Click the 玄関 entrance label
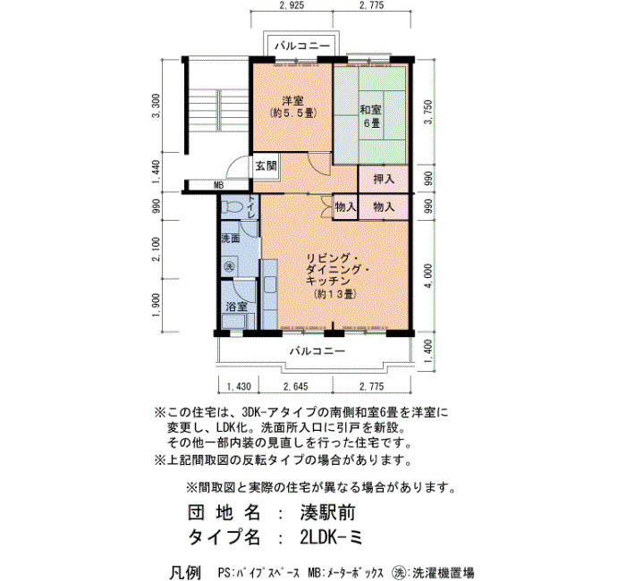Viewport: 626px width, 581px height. click(x=266, y=165)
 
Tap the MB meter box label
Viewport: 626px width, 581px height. click(x=218, y=186)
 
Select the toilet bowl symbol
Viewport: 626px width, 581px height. click(x=233, y=206)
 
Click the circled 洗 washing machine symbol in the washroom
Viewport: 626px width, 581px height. click(x=230, y=266)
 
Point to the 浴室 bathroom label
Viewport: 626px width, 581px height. click(x=236, y=307)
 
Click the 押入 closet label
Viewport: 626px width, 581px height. click(x=384, y=179)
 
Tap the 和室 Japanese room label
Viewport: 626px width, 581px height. click(x=371, y=109)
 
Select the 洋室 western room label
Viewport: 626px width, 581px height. click(x=293, y=100)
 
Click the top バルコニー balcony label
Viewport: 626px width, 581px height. click(x=302, y=46)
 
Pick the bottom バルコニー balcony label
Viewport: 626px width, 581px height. click(x=317, y=351)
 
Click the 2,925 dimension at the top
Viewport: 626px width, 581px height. click(x=292, y=5)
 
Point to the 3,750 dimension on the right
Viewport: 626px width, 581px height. click(x=428, y=112)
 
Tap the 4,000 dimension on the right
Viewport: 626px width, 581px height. click(x=428, y=276)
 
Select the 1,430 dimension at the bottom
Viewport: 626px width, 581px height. click(x=239, y=386)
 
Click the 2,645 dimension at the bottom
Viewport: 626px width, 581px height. click(x=295, y=386)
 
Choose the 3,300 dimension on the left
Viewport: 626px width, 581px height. click(x=156, y=105)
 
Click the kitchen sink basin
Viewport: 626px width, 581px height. click(x=269, y=284)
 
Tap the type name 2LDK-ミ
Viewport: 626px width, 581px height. click(x=331, y=537)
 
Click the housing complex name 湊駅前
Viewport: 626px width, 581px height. click(x=328, y=513)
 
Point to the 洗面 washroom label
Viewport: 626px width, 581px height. click(x=231, y=239)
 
